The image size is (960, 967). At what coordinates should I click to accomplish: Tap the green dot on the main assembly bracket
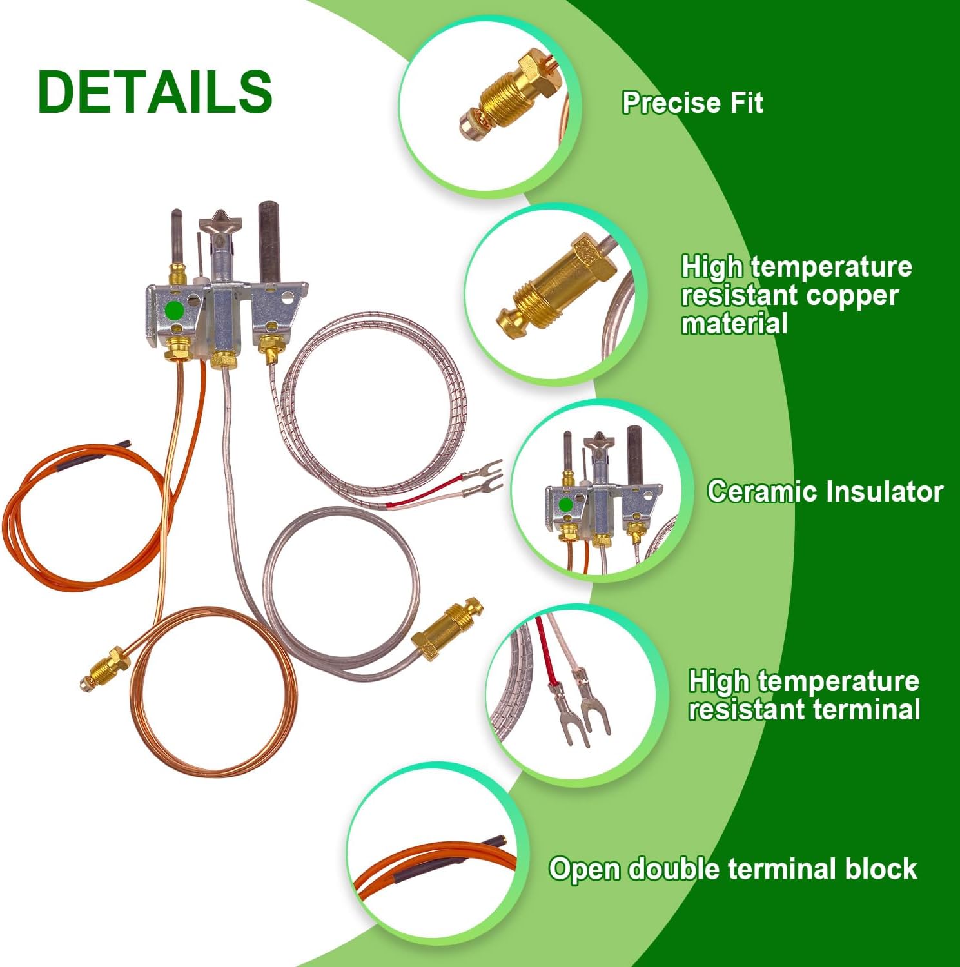(174, 310)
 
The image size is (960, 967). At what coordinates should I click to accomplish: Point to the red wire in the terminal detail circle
(545, 651)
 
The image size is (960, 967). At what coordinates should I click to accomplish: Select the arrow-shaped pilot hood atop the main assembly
(220, 222)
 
